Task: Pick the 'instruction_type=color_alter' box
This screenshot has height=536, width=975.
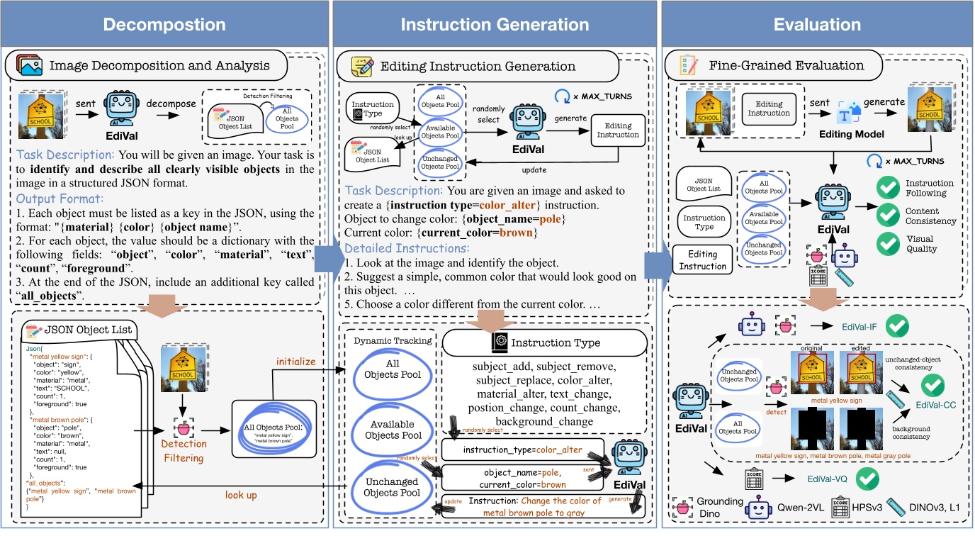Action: point(522,450)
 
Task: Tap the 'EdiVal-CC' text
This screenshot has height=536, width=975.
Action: point(936,405)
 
